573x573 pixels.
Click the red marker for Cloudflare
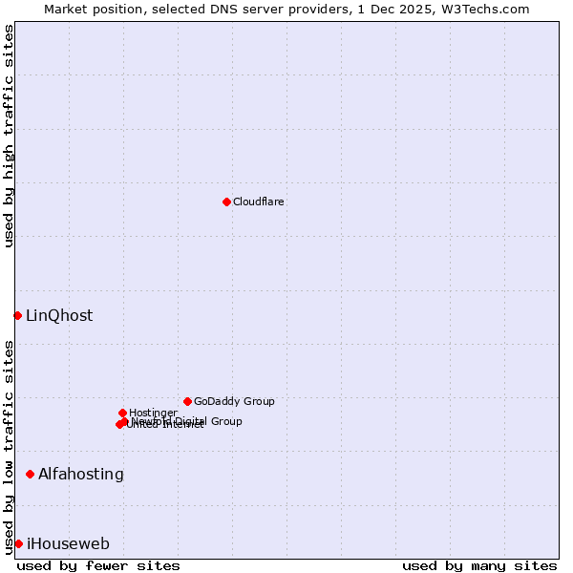(x=226, y=202)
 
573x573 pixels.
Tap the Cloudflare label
(x=259, y=202)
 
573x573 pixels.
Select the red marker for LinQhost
(x=17, y=315)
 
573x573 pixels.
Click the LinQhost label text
(x=59, y=316)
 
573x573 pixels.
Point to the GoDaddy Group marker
(x=187, y=401)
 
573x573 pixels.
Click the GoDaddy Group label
(x=234, y=402)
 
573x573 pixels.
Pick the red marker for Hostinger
(x=122, y=413)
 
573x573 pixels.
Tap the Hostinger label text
(x=153, y=414)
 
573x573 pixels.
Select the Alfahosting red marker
(x=30, y=474)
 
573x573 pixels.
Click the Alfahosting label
(x=81, y=475)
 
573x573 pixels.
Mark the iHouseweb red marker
(x=18, y=543)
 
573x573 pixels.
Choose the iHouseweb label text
(x=68, y=544)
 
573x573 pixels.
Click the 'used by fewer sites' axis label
(x=98, y=565)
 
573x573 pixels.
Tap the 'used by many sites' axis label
(x=479, y=565)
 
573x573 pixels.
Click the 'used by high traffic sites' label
(x=9, y=136)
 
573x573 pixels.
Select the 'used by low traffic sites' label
(x=9, y=447)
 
